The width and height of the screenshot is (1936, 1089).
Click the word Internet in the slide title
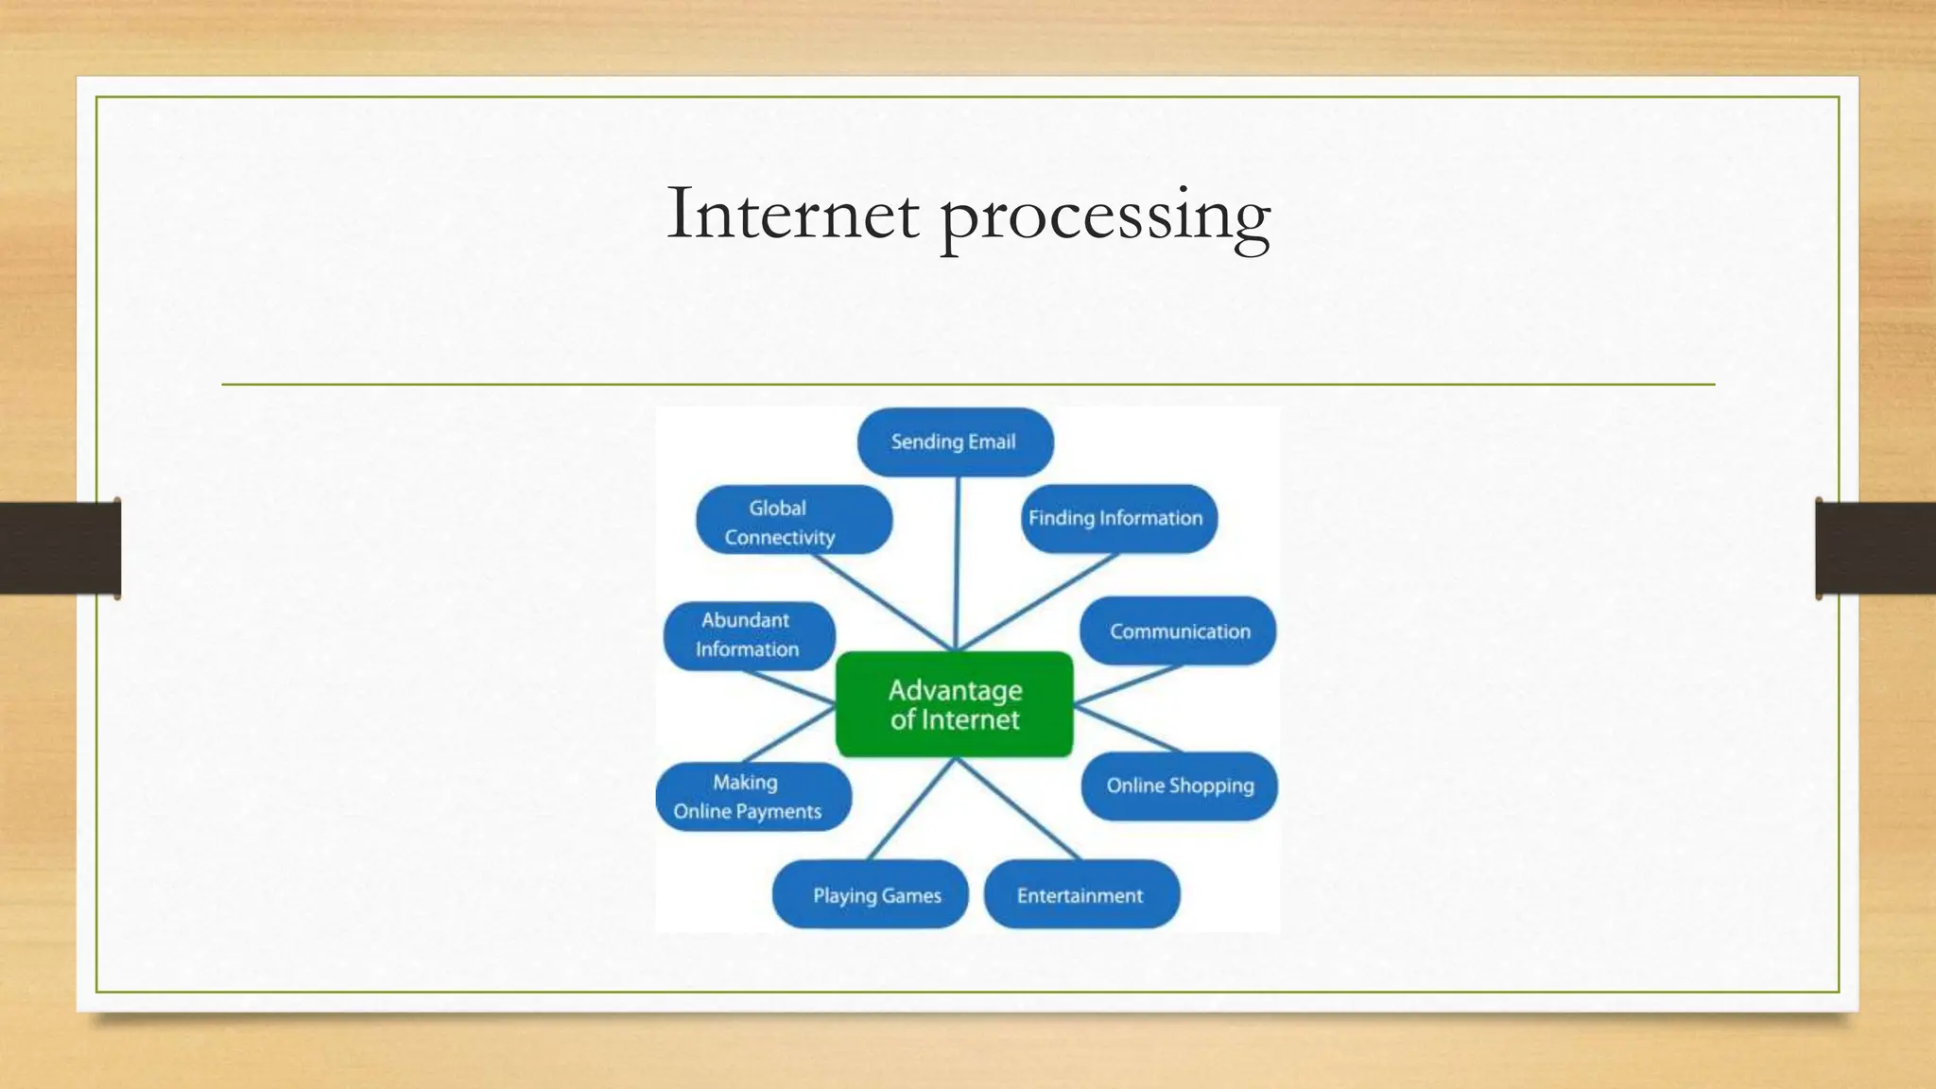(x=792, y=215)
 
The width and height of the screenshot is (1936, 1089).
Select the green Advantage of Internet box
(x=955, y=704)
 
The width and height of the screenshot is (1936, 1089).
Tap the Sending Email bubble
(x=955, y=441)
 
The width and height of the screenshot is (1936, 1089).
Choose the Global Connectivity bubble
(x=793, y=520)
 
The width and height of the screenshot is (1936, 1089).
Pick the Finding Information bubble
(x=1118, y=518)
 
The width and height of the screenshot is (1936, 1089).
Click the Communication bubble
(x=1178, y=631)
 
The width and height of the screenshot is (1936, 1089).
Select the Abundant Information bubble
(x=749, y=635)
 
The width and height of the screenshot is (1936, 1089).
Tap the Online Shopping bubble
(x=1179, y=786)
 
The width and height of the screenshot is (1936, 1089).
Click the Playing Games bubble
(x=870, y=894)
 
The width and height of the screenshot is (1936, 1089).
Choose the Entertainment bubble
(x=1081, y=894)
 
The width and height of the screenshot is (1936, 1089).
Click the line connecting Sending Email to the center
(x=957, y=562)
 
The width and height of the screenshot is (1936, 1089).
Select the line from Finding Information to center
(x=1040, y=600)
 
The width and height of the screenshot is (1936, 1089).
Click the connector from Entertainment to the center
(x=1018, y=809)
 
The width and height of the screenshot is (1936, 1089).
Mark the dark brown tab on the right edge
(x=1875, y=548)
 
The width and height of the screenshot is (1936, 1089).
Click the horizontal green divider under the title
(x=968, y=385)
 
